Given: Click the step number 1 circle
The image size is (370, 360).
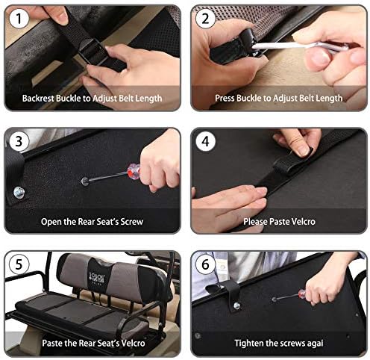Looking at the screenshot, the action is [x=19, y=18].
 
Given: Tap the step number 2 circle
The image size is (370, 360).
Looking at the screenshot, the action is [x=205, y=18].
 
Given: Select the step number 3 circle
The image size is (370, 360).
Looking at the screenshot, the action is [x=19, y=141].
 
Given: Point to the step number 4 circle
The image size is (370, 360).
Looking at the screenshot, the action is [x=205, y=141].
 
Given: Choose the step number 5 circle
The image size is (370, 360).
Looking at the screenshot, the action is [x=19, y=264].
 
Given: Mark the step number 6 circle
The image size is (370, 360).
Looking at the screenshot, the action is [x=205, y=264].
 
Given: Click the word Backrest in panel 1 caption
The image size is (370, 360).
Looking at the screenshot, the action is [x=38, y=98].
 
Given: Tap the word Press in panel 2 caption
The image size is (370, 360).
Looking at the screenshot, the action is [x=225, y=98].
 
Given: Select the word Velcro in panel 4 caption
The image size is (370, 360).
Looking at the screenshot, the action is [x=304, y=222].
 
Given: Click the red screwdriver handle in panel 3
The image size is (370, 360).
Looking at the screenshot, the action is [x=134, y=171].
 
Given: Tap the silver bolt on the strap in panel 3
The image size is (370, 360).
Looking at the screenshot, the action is [x=19, y=192].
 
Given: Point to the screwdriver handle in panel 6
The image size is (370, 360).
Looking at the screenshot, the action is [x=303, y=293].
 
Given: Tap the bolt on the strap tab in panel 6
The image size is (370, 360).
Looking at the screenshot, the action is [x=237, y=305].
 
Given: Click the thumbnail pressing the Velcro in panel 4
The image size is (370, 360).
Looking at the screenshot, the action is [x=303, y=150].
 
